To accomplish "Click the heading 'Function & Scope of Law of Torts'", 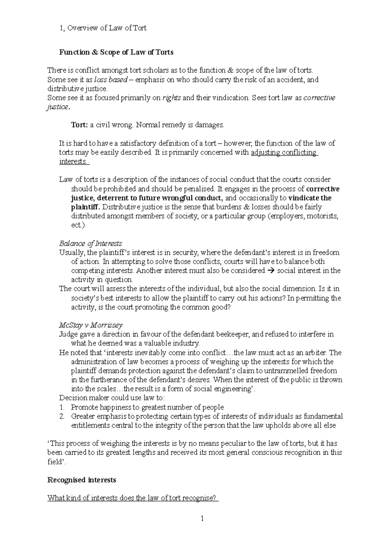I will coord(116,52).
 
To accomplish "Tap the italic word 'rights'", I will coord(171,98).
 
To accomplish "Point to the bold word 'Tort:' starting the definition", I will coord(79,125).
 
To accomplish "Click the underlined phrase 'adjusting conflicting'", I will coord(284,152).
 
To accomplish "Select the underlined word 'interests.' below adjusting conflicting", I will coord(73,161).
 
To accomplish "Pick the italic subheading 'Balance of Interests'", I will coord(90,244).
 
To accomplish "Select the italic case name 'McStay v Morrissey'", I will coord(91,325).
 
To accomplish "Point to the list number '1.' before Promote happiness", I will coord(62,407).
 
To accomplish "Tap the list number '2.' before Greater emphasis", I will coord(62,416).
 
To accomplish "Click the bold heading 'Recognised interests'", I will coord(82,480).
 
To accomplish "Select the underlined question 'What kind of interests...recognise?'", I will coord(132,498).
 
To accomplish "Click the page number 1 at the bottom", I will coord(202,518).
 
